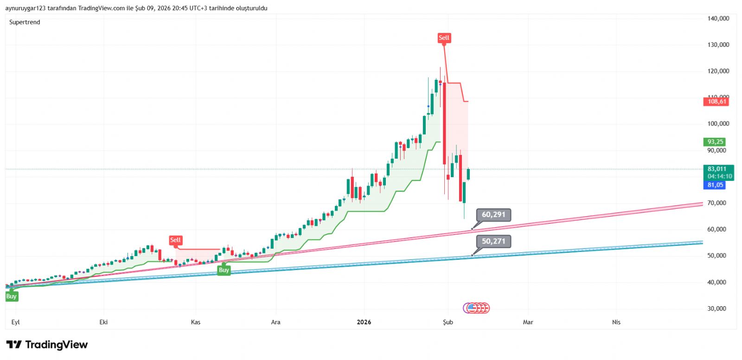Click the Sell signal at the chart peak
tap(444, 38)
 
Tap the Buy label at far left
tap(12, 296)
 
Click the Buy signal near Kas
tap(224, 270)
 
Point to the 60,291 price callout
tap(493, 215)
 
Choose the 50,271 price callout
tap(493, 241)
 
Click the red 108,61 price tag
tap(716, 102)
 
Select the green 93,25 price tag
tap(715, 142)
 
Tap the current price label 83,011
tap(717, 169)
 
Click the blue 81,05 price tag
tap(715, 185)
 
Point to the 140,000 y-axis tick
tap(718, 19)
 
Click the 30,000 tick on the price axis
tap(716, 309)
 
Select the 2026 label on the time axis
tap(364, 322)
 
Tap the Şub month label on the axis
tap(448, 322)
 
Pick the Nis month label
tap(616, 322)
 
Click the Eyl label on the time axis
tap(15, 322)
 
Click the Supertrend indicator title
tap(25, 22)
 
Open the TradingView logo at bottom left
tap(47, 345)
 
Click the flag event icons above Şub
tap(476, 308)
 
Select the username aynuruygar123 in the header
tap(25, 8)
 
